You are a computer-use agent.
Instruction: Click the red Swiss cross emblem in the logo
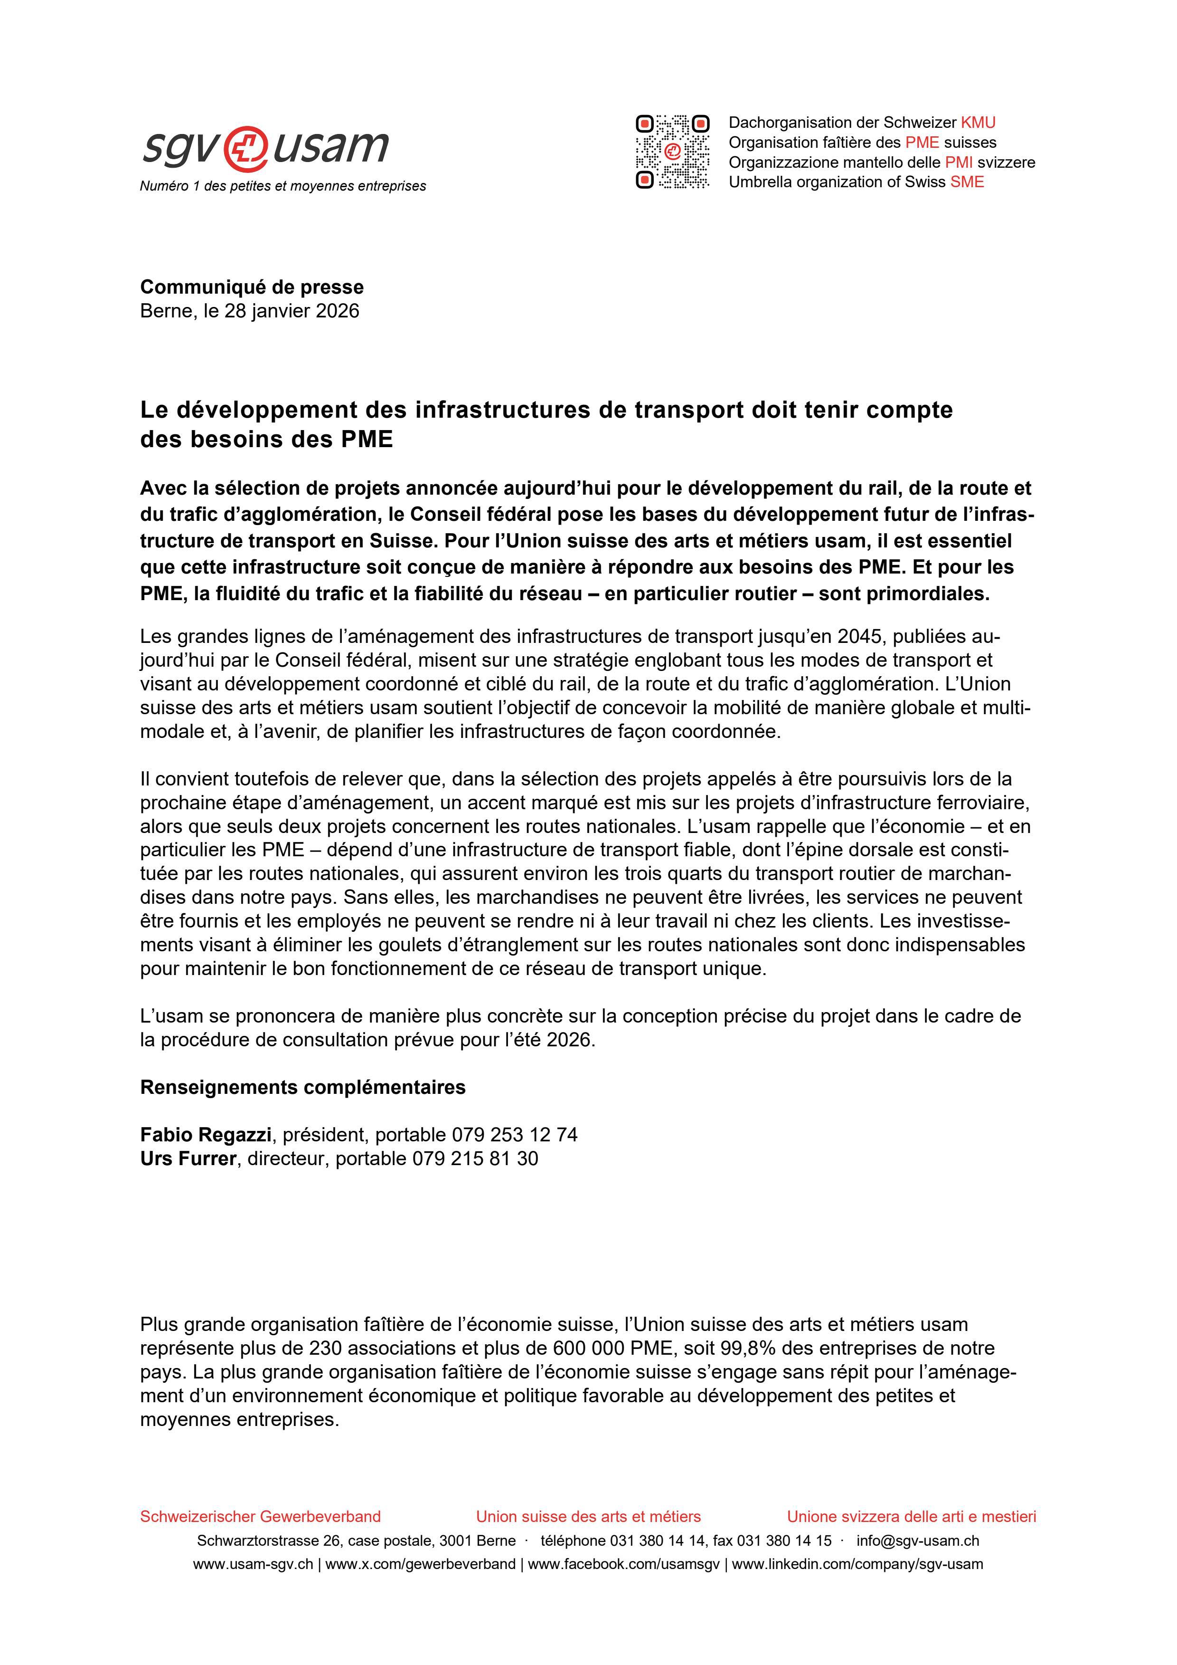[x=246, y=148]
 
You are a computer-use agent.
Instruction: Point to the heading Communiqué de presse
[x=252, y=287]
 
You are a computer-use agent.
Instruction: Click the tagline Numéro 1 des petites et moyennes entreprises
[x=282, y=186]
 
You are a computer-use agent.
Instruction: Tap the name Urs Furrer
[x=188, y=1159]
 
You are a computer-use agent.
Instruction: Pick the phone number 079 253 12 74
[x=515, y=1135]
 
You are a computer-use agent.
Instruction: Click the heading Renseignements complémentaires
[x=302, y=1088]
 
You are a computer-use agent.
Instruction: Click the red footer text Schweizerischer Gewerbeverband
[x=260, y=1516]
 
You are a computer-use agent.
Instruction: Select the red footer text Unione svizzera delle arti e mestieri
[x=911, y=1516]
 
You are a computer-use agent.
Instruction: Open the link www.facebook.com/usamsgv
[x=623, y=1564]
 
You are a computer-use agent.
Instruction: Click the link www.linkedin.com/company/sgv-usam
[x=857, y=1564]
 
